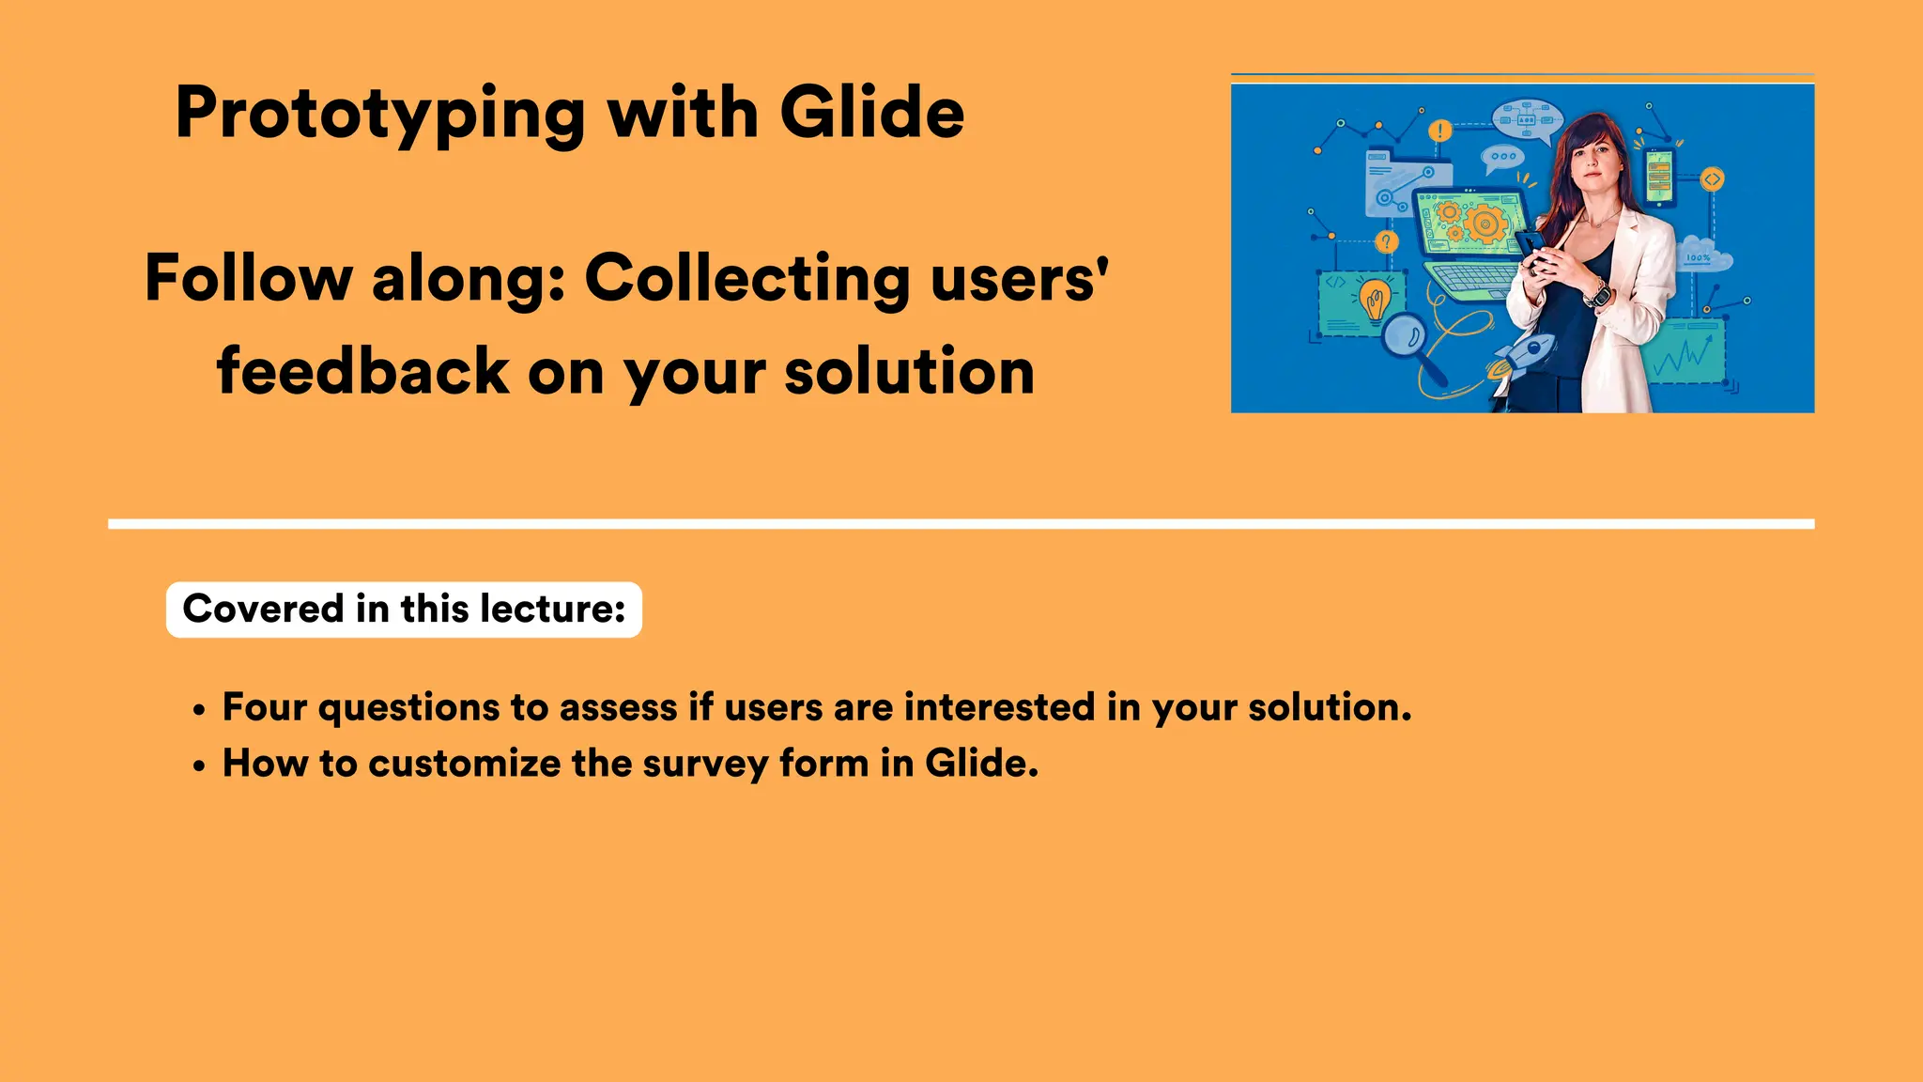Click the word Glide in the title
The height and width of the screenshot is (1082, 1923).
coord(871,113)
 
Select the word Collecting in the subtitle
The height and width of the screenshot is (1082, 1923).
coord(747,279)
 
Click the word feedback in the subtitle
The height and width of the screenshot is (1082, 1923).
coord(363,370)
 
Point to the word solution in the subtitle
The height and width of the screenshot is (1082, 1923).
coord(909,370)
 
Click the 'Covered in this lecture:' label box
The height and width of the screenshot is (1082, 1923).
coord(404,610)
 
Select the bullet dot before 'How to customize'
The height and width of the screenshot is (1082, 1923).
coord(198,766)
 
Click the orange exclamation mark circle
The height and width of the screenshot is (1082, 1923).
coord(1440,131)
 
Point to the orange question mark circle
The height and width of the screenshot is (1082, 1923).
coord(1386,242)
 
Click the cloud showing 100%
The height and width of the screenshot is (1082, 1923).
coord(1701,255)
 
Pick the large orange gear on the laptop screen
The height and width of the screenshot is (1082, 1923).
coord(1485,224)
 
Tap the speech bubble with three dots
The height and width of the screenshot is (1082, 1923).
coord(1502,157)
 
